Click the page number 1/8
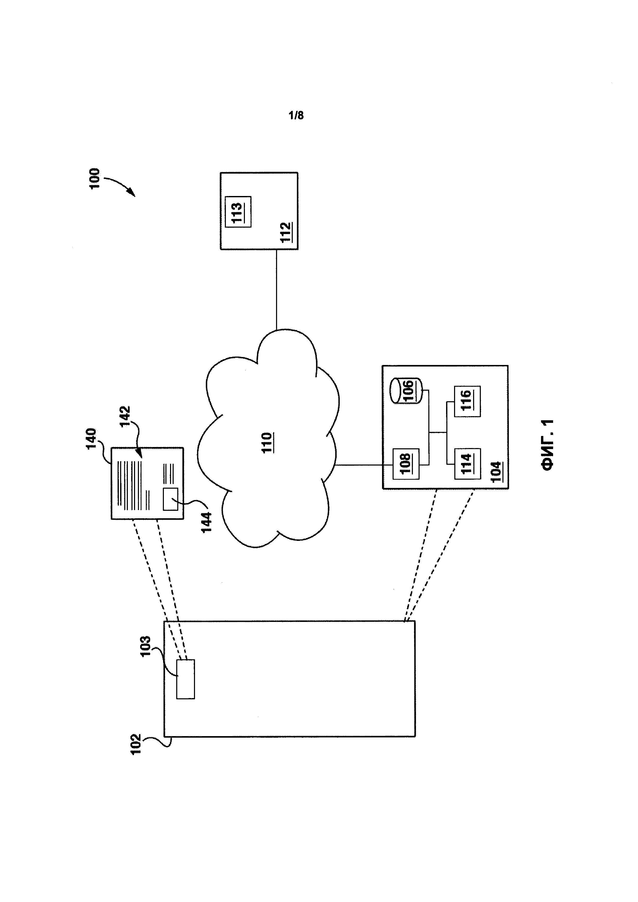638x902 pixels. [296, 115]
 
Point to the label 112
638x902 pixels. [286, 233]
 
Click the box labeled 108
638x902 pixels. [406, 463]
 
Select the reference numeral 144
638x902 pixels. [206, 522]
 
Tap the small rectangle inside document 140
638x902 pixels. [171, 499]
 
